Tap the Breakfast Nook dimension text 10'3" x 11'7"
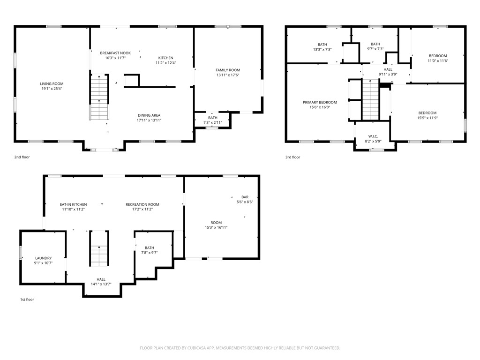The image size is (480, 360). click(115, 58)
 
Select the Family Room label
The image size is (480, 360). click(228, 70)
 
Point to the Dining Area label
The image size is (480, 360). click(149, 115)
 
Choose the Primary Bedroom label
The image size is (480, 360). click(320, 102)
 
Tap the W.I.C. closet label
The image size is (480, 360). click(373, 136)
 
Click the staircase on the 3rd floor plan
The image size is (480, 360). click(370, 99)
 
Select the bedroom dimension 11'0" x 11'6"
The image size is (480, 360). click(437, 60)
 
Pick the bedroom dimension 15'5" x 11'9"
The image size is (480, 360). click(427, 118)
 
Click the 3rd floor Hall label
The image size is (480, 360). click(388, 69)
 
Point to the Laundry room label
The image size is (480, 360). click(43, 258)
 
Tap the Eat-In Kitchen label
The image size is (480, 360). click(73, 204)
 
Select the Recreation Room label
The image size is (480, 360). click(142, 204)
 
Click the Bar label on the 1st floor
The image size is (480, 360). click(245, 197)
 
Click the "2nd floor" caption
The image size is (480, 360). click(22, 157)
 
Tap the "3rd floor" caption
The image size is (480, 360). click(292, 157)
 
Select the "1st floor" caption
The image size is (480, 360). click(27, 300)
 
